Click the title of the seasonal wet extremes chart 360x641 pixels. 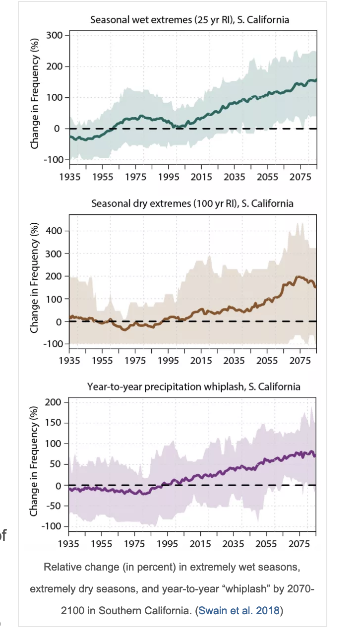[190, 20]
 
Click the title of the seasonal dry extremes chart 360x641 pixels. [192, 203]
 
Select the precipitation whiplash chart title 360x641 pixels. [194, 386]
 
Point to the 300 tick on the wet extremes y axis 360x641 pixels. [53, 35]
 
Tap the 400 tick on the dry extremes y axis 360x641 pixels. [53, 231]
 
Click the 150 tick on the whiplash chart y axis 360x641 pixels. [53, 423]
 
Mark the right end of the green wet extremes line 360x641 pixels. [316, 80]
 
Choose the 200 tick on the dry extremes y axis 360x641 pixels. [53, 276]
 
